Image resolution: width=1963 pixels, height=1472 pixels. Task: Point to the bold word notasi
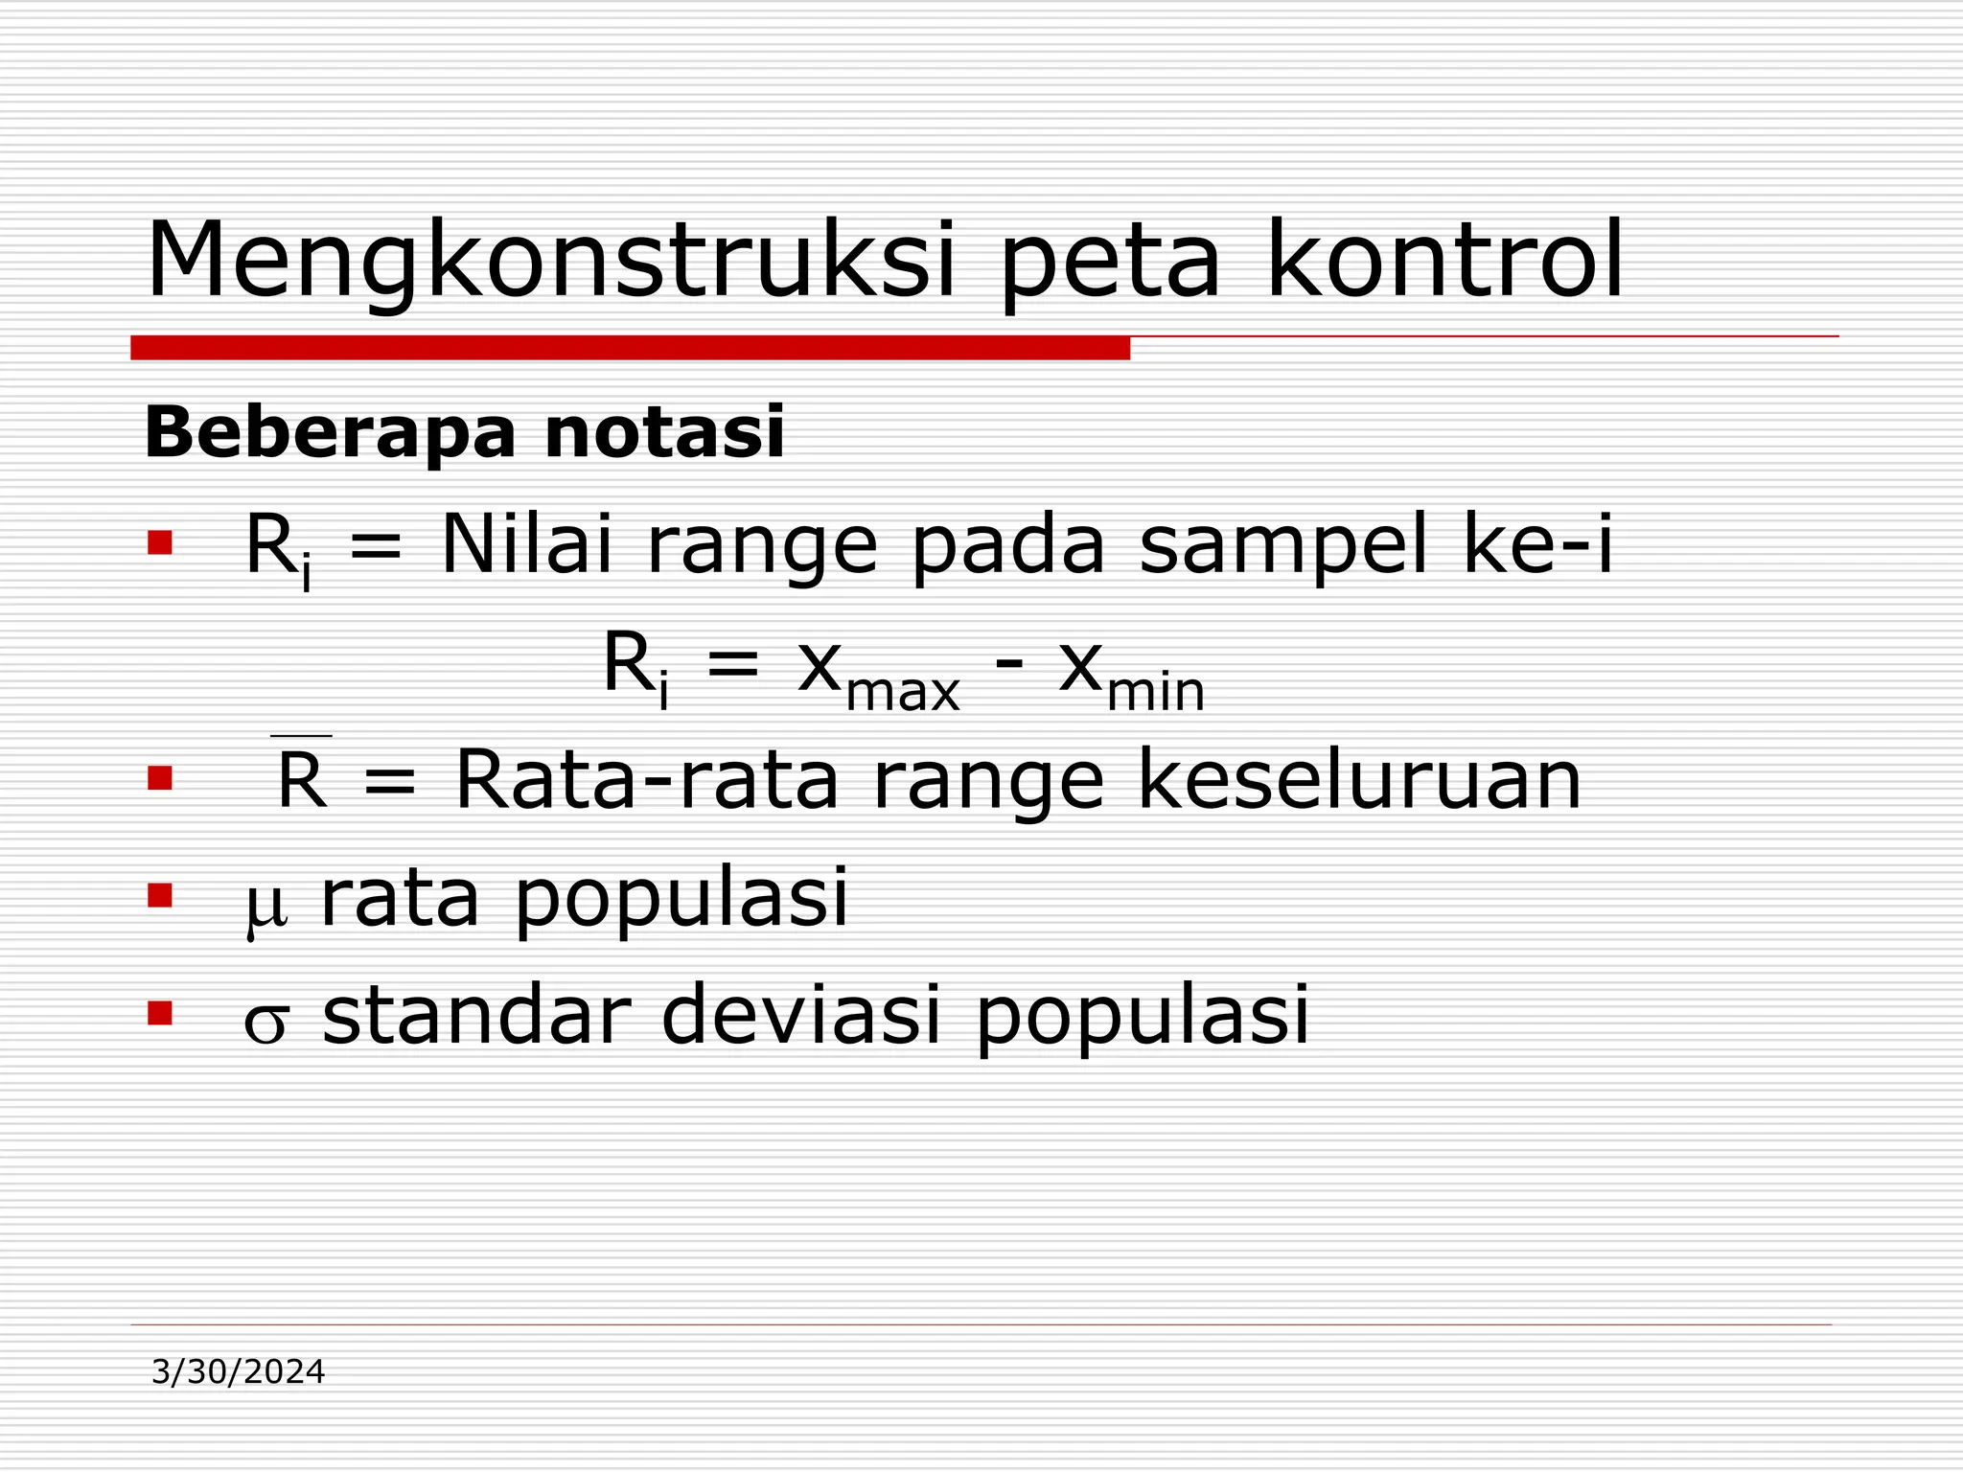click(664, 433)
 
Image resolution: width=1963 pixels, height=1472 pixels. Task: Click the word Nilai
click(526, 544)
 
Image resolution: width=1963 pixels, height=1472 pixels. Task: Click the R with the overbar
click(302, 778)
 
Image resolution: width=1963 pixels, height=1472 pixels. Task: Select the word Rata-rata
click(647, 780)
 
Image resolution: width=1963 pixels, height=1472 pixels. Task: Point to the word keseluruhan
click(1359, 780)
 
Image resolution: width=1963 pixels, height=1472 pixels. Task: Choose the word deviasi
click(801, 1016)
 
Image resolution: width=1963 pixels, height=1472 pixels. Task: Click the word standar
click(476, 1016)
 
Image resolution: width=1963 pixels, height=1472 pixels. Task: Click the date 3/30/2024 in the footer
click(239, 1372)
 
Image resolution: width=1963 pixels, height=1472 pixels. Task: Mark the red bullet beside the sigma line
click(160, 1013)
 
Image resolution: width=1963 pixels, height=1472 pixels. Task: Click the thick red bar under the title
click(630, 348)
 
